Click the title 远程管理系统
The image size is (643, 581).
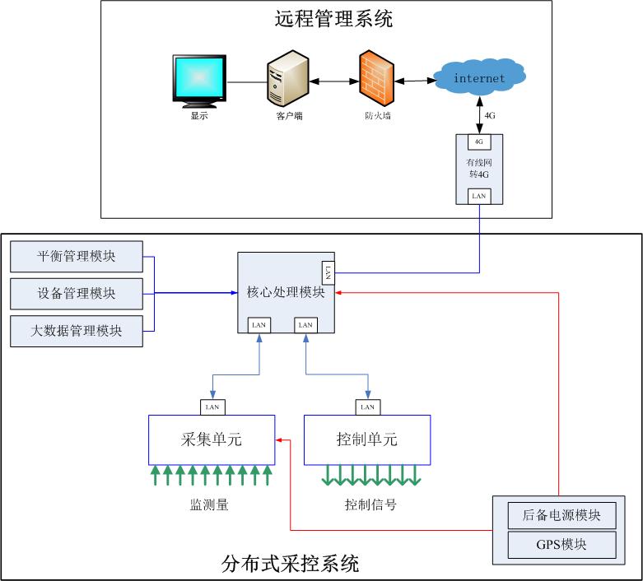(333, 19)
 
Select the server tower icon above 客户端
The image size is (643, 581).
(288, 79)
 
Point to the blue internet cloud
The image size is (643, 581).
(479, 77)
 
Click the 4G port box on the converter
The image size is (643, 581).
(479, 141)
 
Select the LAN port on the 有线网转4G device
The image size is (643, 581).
(479, 196)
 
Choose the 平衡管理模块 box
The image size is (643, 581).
(77, 256)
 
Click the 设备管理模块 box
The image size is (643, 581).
(77, 293)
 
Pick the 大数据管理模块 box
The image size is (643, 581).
(77, 331)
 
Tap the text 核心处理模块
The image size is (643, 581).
(286, 292)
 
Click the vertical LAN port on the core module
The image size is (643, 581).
(327, 272)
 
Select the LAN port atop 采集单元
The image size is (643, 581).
(212, 407)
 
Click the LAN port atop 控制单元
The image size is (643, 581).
(367, 407)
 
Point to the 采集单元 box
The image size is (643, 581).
(212, 439)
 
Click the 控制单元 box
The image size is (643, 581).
(367, 439)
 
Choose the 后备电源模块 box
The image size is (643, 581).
(562, 516)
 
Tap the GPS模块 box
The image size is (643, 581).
(562, 544)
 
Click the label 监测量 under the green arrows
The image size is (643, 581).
(209, 504)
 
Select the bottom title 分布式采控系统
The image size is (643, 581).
(291, 565)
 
